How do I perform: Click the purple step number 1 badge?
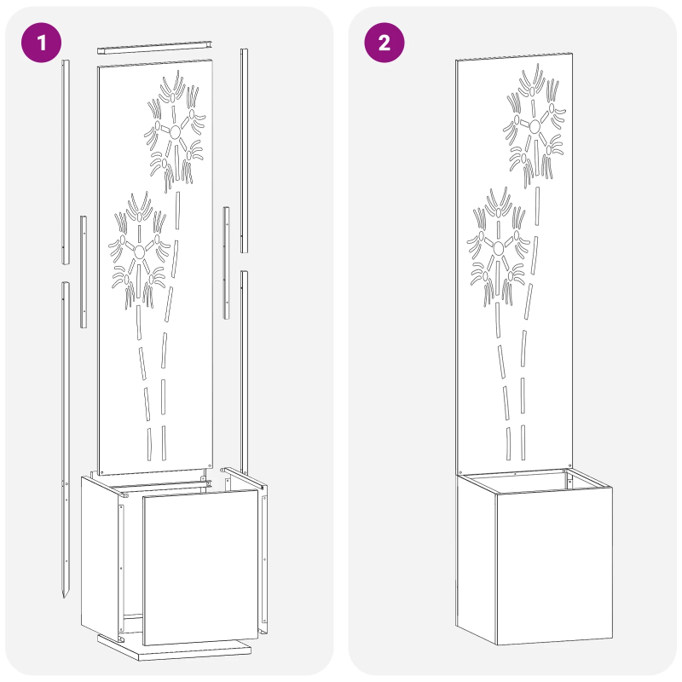pyautogui.click(x=40, y=43)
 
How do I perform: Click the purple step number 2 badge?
pyautogui.click(x=384, y=43)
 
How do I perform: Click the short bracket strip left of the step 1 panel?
pyautogui.click(x=84, y=271)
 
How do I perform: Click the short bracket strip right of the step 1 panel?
pyautogui.click(x=227, y=263)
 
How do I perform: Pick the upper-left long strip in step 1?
pyautogui.click(x=64, y=162)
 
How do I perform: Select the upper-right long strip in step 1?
pyautogui.click(x=244, y=150)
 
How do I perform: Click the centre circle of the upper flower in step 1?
pyautogui.click(x=175, y=131)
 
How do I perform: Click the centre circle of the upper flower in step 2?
pyautogui.click(x=535, y=127)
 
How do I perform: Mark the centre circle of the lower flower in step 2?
pyautogui.click(x=499, y=247)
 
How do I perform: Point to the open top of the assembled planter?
pyautogui.click(x=533, y=480)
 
